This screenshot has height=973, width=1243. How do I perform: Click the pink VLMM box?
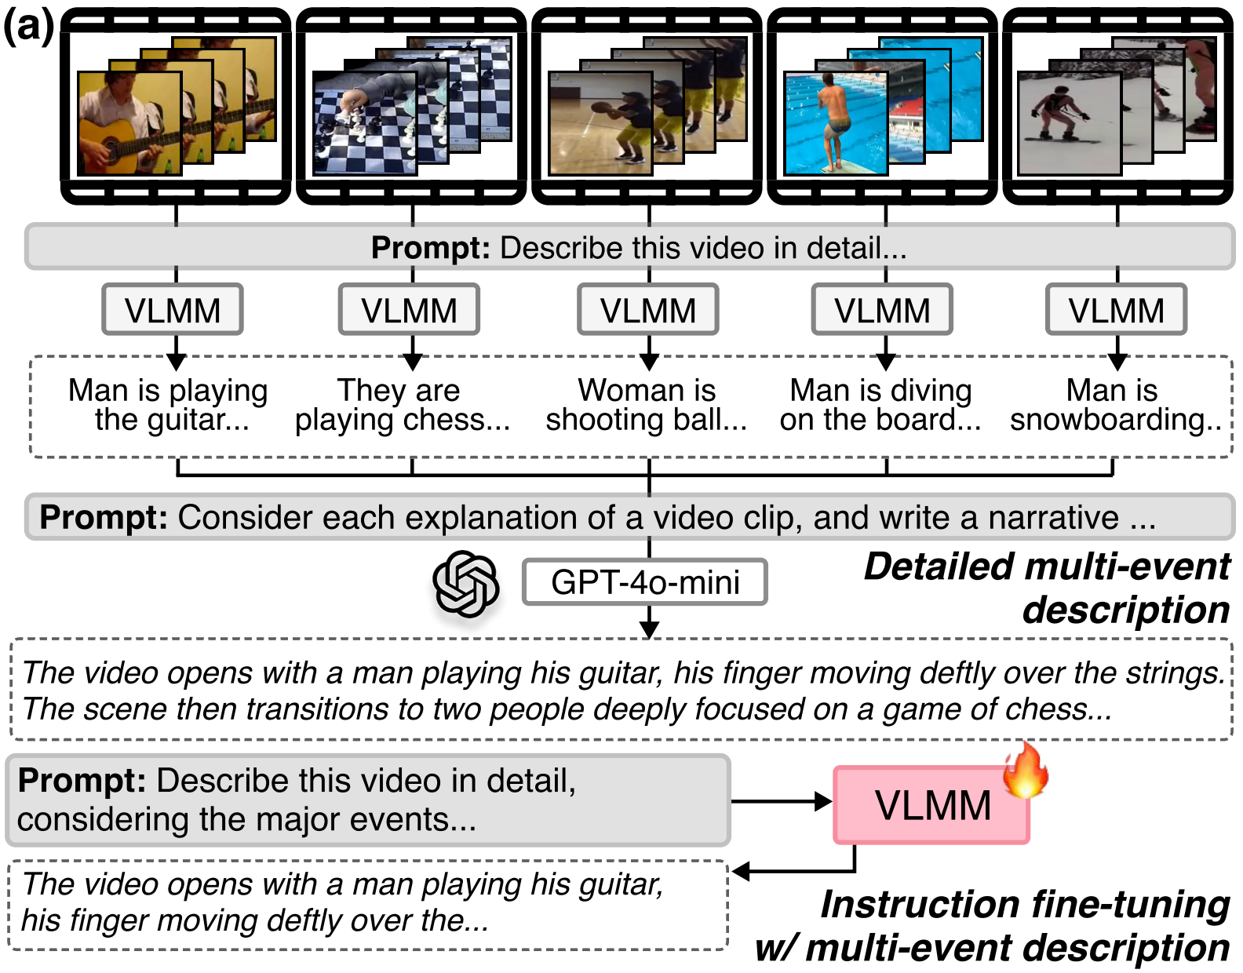(x=931, y=805)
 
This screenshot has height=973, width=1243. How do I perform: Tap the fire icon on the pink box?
(x=1025, y=771)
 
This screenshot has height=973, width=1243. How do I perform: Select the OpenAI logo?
(x=465, y=584)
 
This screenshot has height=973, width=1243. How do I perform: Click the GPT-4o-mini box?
(x=645, y=582)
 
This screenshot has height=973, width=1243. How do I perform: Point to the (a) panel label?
(x=28, y=25)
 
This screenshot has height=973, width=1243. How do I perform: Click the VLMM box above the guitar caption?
(x=173, y=310)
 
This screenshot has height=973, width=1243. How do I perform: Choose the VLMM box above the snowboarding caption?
(x=1116, y=310)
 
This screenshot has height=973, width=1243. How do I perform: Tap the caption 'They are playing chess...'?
(x=402, y=405)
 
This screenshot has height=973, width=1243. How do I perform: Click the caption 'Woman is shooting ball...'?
(x=647, y=405)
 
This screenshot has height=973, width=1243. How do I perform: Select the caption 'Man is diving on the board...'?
(x=880, y=405)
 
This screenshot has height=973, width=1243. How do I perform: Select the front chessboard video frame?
(x=364, y=123)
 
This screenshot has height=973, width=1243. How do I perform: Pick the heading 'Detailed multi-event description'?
(x=1047, y=588)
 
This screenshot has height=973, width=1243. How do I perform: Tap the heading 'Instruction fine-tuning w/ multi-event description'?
(x=993, y=926)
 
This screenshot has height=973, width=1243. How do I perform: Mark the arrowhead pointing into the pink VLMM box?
(x=824, y=801)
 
